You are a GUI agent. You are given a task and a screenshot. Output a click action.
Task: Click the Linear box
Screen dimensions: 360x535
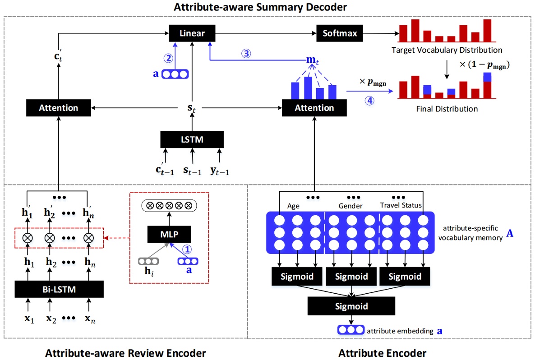192,33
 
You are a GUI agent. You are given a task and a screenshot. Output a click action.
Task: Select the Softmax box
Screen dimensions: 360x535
340,33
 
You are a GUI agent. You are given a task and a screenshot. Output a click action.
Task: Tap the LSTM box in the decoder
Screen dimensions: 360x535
192,139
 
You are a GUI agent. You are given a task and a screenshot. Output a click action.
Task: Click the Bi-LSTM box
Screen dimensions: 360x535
59,289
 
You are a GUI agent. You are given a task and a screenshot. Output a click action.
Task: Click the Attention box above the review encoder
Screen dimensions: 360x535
59,108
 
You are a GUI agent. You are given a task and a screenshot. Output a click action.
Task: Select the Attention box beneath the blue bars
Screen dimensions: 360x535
314,108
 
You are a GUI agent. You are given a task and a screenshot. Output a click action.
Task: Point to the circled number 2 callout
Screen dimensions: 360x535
168,58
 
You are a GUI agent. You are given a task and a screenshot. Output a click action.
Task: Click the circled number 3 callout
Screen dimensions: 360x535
246,53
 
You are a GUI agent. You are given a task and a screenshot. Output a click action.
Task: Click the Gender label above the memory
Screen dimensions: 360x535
351,206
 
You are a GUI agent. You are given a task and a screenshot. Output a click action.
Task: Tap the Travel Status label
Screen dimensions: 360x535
401,206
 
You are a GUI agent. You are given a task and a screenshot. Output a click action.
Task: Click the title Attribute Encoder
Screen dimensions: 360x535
382,352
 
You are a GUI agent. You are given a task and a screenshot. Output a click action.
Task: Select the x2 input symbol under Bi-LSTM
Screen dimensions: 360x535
51,318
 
